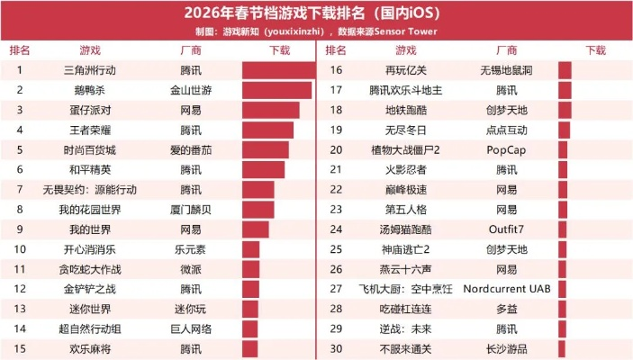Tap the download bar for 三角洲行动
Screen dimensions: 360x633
pyautogui.click(x=276, y=70)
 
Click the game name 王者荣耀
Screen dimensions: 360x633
pyautogui.click(x=90, y=130)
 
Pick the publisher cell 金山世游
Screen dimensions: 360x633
pyautogui.click(x=191, y=90)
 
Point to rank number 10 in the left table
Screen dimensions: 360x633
pyautogui.click(x=20, y=249)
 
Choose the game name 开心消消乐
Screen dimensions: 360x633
pyautogui.click(x=90, y=249)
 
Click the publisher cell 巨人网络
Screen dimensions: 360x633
pyautogui.click(x=191, y=328)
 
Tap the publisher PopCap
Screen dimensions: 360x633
pyautogui.click(x=506, y=149)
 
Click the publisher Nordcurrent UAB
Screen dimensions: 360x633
pyautogui.click(x=506, y=289)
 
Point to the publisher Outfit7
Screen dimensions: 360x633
pyautogui.click(x=506, y=229)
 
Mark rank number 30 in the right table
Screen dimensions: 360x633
pyautogui.click(x=337, y=348)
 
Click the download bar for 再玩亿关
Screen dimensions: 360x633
pyautogui.click(x=565, y=70)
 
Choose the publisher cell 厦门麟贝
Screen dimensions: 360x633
pyautogui.click(x=191, y=209)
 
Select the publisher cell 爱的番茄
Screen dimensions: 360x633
pyautogui.click(x=191, y=149)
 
